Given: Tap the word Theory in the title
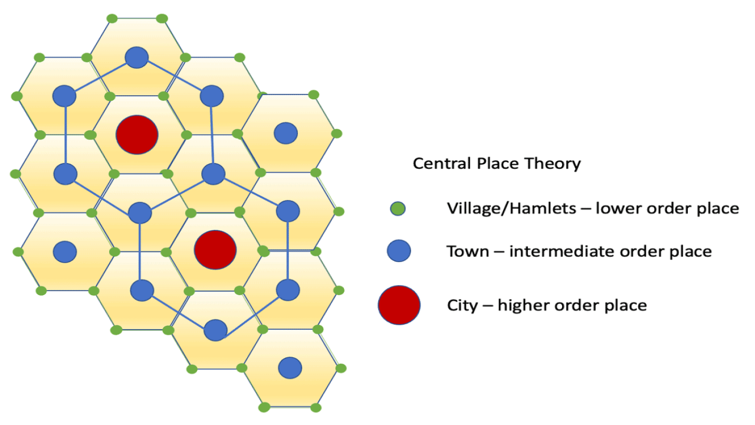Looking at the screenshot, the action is (553, 164).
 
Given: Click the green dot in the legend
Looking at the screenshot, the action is (398, 209).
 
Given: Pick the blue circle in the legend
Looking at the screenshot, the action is (399, 251).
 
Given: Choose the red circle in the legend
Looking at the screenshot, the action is (399, 305).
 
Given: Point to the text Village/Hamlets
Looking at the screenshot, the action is (511, 208).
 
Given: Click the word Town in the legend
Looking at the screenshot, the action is (468, 251).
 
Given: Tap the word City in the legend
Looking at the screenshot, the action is (462, 306).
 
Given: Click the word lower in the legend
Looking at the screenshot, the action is (618, 208).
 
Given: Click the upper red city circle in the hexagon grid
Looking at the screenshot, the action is (137, 135).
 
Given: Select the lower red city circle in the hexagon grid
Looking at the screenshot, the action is (215, 250).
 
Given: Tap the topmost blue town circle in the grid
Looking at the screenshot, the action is (136, 57).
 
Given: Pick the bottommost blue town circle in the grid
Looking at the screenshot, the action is (290, 368).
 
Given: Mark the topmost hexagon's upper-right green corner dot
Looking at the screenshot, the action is (162, 18).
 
